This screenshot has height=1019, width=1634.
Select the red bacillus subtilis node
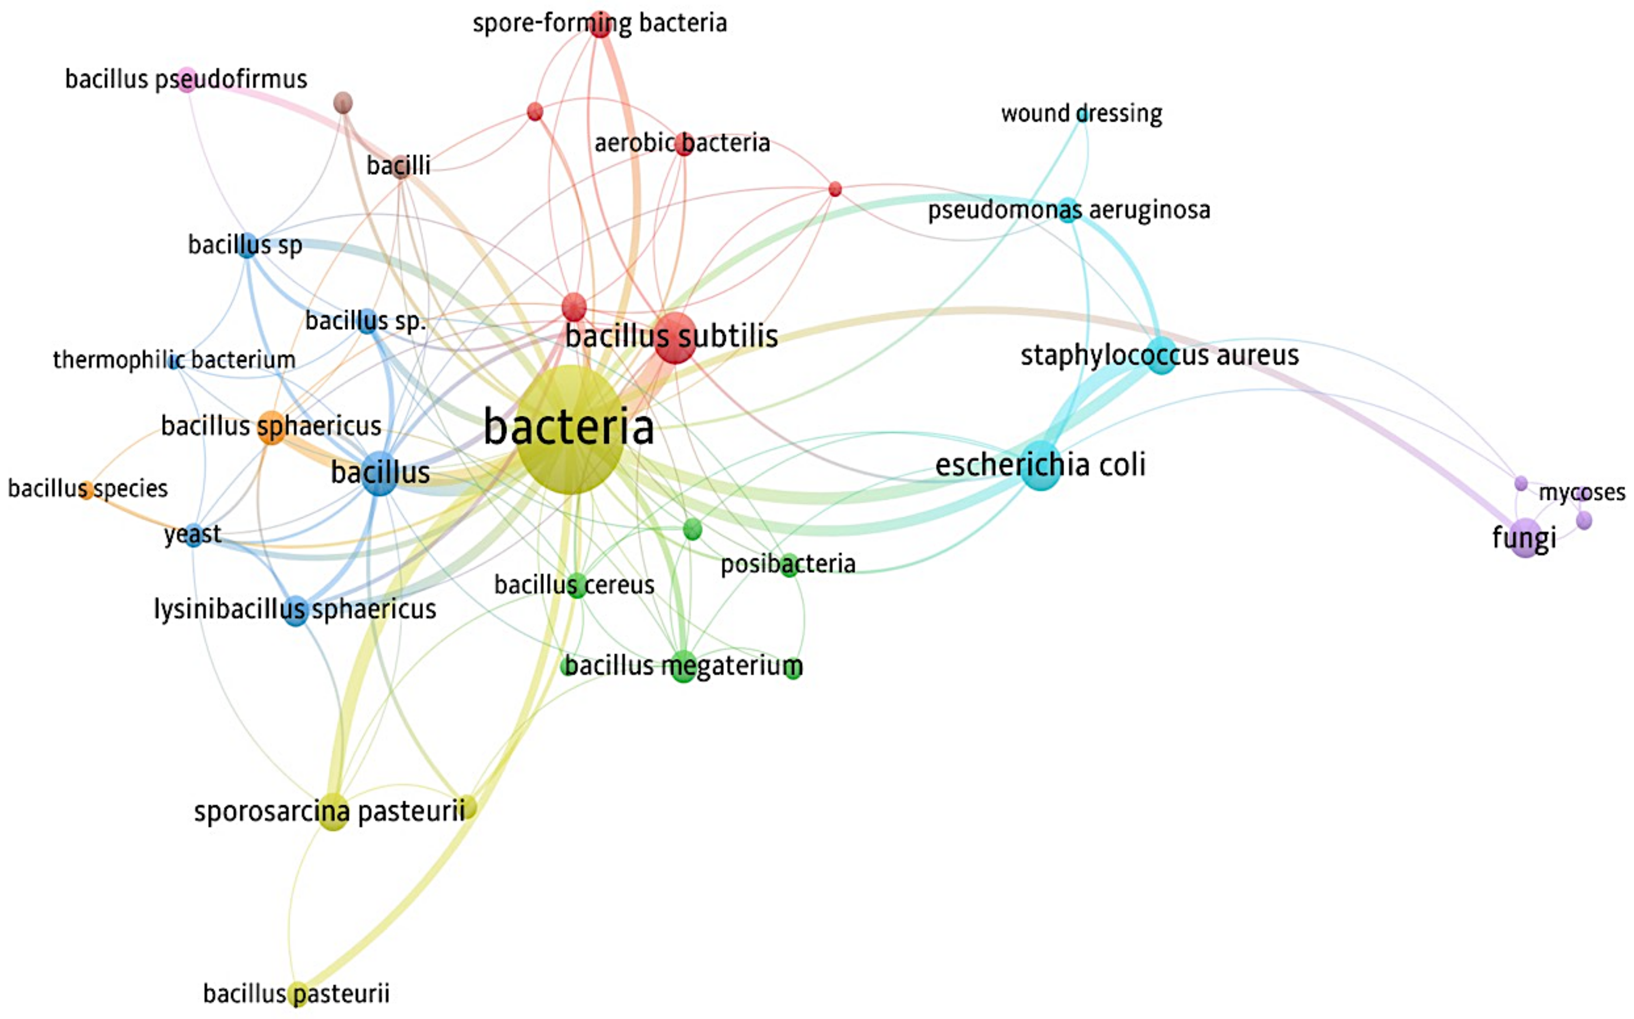pyautogui.click(x=675, y=337)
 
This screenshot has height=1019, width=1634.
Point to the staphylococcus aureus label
pyautogui.click(x=1159, y=355)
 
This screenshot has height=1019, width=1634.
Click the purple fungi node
pyautogui.click(x=1524, y=537)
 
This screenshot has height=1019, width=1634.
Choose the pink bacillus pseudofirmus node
pyautogui.click(x=187, y=80)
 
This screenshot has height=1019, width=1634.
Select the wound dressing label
pyautogui.click(x=1081, y=113)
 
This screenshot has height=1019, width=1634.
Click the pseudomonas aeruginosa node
pyautogui.click(x=1068, y=210)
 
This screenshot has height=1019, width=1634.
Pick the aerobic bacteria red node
pyautogui.click(x=684, y=144)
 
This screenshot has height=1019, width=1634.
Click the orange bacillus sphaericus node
pyautogui.click(x=272, y=426)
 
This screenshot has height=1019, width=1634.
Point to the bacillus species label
pyautogui.click(x=87, y=488)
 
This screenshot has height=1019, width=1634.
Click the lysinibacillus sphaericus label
pyautogui.click(x=295, y=609)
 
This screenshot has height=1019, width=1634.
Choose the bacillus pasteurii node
pyautogui.click(x=297, y=993)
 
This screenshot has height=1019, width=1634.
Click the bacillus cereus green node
pyautogui.click(x=576, y=585)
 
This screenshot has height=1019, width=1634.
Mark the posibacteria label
pyautogui.click(x=788, y=563)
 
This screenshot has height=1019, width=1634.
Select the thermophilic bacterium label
pyautogui.click(x=174, y=360)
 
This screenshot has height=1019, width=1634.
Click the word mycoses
pyautogui.click(x=1582, y=492)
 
